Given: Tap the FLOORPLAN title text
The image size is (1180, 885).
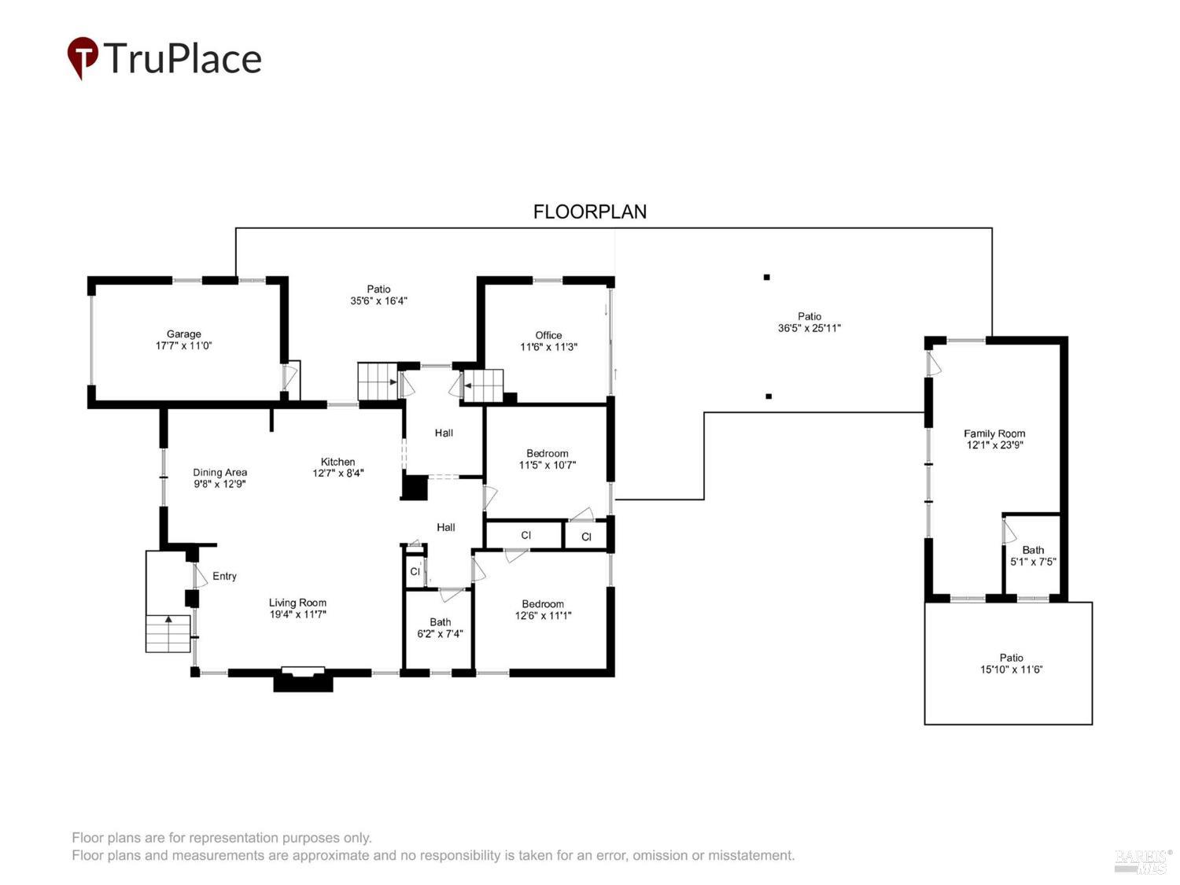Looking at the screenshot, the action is point(590,212).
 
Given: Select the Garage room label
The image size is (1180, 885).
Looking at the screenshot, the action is point(183,334).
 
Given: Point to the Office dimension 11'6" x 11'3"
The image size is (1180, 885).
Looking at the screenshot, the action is point(548,347).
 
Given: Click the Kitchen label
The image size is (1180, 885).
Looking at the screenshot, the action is point(337,462).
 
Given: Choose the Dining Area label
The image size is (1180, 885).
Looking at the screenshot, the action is point(219,472).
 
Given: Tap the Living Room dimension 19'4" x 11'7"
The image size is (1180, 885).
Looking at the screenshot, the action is point(297,614).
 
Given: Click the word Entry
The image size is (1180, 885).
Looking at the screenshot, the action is point(224,576).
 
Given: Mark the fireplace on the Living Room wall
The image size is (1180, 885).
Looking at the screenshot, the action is point(303,679).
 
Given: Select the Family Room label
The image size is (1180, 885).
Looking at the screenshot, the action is point(994,433).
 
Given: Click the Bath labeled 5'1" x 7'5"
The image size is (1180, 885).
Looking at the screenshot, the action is point(1033,555).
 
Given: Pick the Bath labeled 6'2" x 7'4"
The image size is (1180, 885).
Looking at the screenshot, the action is point(440,628).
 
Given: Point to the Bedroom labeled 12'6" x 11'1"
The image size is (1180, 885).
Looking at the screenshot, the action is point(543,610).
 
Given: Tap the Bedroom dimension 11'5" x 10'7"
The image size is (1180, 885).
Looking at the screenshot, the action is point(548,465).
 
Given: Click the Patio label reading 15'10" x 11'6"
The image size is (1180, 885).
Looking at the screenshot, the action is point(1011,663).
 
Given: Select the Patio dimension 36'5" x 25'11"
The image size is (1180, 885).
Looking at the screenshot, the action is point(809,328).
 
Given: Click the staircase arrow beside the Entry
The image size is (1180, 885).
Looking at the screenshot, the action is point(168,619).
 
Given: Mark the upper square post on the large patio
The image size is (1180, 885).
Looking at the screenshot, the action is point(766,277).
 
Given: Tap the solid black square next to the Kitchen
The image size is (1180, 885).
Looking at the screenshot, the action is point(415,488).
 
